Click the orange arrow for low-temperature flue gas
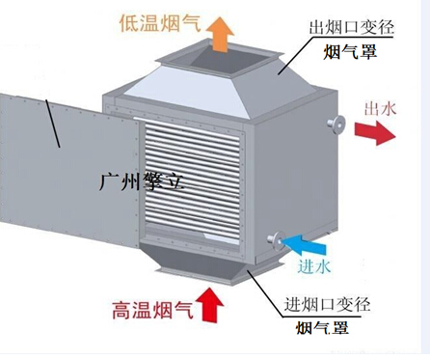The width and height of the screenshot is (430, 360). pyautogui.click(x=221, y=36)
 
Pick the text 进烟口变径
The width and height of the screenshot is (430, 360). pyautogui.click(x=325, y=307)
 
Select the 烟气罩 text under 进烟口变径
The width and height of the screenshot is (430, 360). pyautogui.click(x=323, y=330)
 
